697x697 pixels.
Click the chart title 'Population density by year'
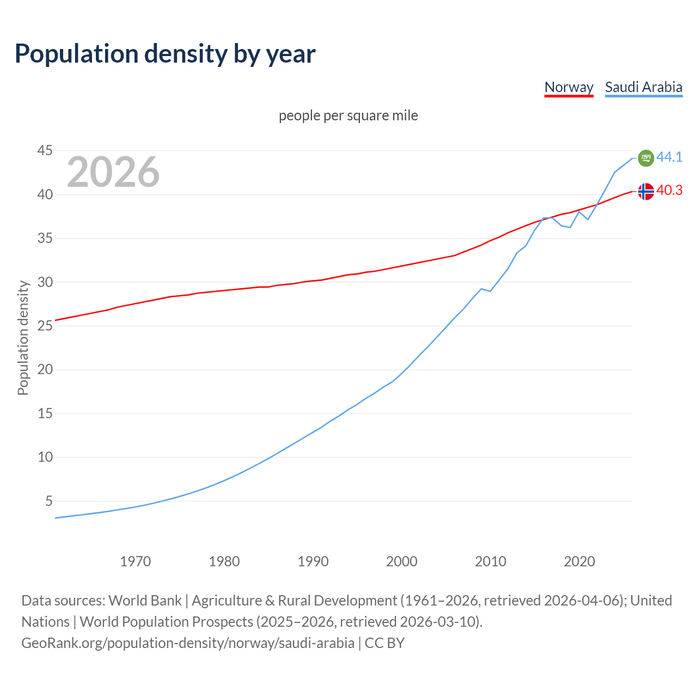[165, 54]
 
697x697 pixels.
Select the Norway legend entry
[568, 87]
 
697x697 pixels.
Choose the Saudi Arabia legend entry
[644, 87]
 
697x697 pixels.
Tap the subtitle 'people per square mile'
[348, 116]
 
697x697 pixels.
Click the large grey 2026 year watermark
[113, 172]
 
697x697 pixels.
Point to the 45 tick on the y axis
[45, 150]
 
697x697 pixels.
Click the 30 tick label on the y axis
[45, 282]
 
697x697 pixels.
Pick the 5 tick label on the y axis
[49, 501]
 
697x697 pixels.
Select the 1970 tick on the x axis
[136, 561]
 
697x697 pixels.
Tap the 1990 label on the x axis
[313, 561]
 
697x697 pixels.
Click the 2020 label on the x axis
[579, 561]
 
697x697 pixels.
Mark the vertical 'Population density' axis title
[23, 338]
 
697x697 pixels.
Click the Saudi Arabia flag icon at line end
[646, 158]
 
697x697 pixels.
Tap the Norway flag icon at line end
[646, 191]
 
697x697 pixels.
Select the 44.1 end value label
[669, 157]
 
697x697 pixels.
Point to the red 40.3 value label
[669, 190]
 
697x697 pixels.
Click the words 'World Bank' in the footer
[145, 601]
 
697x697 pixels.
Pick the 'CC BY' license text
[384, 643]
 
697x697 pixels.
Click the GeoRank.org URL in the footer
[188, 643]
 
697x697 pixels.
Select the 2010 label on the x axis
[491, 561]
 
